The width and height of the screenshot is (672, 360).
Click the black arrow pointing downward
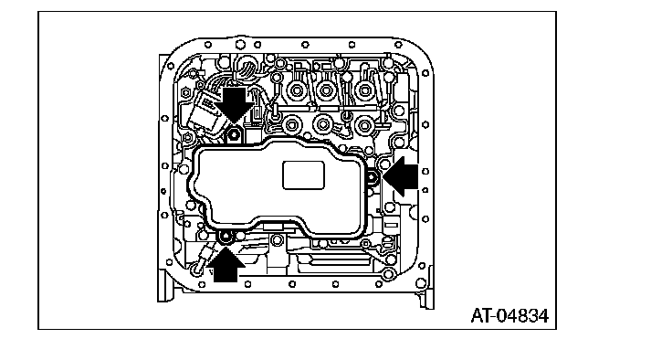coord(235,104)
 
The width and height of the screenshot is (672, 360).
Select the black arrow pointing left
coord(401,176)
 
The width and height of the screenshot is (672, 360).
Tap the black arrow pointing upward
coord(226,264)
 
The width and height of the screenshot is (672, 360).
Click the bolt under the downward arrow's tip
coord(234,135)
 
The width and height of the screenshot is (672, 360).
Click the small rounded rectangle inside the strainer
coord(303,175)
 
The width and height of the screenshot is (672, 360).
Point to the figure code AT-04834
coord(509,316)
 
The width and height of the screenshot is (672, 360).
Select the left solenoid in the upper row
coord(296,91)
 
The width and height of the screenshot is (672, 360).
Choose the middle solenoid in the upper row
coord(326,91)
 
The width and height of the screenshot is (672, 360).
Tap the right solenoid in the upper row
coord(364,91)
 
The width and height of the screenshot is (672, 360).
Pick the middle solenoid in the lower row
coord(322,125)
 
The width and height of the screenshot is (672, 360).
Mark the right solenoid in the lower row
coord(364,125)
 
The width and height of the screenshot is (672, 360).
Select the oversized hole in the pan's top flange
coord(239,44)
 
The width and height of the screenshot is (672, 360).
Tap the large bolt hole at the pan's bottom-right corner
coord(421,282)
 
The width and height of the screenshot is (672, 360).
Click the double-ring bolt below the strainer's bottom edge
coord(277,240)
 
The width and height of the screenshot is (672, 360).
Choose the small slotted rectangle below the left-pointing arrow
coord(391,224)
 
